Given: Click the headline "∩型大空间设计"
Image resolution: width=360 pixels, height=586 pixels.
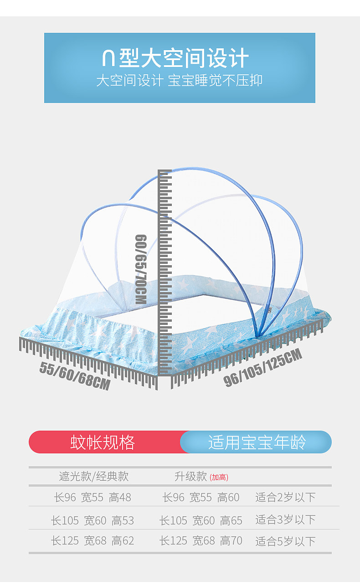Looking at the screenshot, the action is pyautogui.click(x=175, y=59).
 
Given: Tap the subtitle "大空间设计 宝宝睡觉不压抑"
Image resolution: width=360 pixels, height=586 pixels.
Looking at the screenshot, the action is pyautogui.click(x=179, y=81).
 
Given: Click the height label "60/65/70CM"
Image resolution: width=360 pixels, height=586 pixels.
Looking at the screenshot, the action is pyautogui.click(x=141, y=269).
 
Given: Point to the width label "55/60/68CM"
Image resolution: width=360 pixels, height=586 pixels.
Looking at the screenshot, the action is pyautogui.click(x=75, y=375).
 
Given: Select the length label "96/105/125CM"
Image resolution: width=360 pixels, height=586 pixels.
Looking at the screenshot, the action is pyautogui.click(x=263, y=368).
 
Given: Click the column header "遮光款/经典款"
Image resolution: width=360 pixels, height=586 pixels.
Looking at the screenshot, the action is pyautogui.click(x=93, y=477).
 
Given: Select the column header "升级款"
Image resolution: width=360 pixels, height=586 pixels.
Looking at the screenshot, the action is pyautogui.click(x=191, y=477).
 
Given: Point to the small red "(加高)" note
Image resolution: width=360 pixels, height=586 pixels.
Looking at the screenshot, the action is pyautogui.click(x=219, y=478).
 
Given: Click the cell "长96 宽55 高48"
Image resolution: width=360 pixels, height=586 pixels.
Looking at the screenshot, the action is pyautogui.click(x=93, y=498).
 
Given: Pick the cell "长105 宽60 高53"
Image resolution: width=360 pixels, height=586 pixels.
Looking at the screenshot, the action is pyautogui.click(x=93, y=520).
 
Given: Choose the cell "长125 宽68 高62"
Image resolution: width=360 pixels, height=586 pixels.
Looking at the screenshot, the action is pyautogui.click(x=93, y=541).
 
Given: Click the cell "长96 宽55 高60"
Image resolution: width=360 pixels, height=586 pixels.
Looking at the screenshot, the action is pyautogui.click(x=201, y=498).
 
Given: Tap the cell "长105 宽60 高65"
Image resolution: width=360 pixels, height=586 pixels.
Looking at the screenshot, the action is pyautogui.click(x=201, y=520).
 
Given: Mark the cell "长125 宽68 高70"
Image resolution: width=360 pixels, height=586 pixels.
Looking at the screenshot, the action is pyautogui.click(x=201, y=541).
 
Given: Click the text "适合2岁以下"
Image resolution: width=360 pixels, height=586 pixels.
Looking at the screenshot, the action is pyautogui.click(x=285, y=497).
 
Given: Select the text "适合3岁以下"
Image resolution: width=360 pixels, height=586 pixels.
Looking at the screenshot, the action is pyautogui.click(x=285, y=519).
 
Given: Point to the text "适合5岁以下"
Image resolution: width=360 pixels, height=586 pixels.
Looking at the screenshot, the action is pyautogui.click(x=285, y=541).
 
